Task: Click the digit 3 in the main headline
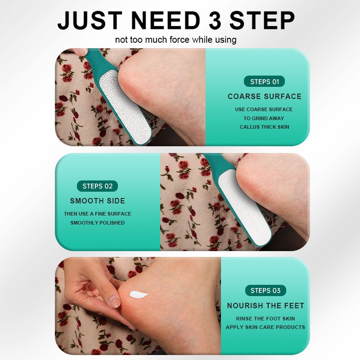[214, 20]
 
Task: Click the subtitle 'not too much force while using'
[175, 40]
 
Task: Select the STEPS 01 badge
[265, 81]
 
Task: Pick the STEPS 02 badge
[98, 186]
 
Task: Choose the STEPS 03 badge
[265, 290]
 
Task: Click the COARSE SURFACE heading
[265, 96]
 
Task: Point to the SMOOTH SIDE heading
[98, 201]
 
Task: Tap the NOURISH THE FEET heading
[265, 306]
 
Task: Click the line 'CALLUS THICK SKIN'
[265, 127]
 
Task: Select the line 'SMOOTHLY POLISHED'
[98, 223]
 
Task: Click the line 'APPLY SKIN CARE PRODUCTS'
[265, 327]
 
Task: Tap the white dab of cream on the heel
[138, 295]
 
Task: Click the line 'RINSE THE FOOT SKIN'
[265, 319]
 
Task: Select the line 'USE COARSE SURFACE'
[264, 109]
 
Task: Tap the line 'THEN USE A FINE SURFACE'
[98, 214]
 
